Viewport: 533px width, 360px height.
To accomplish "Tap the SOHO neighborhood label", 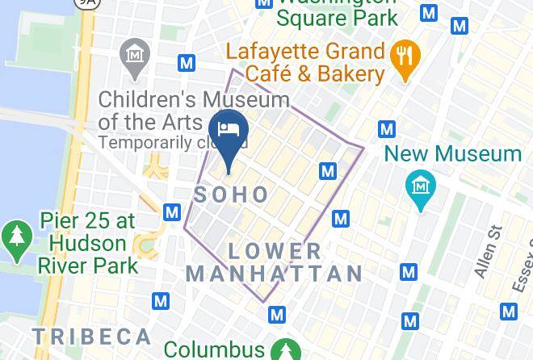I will click(232, 194).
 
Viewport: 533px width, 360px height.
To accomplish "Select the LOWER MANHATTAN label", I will click(275, 262).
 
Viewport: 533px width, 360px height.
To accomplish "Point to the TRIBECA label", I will click(91, 336).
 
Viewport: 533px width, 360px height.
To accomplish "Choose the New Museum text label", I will click(452, 153).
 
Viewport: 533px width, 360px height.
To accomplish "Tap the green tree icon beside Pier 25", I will click(16, 236).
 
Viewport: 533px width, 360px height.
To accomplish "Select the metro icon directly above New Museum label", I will click(387, 128).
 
